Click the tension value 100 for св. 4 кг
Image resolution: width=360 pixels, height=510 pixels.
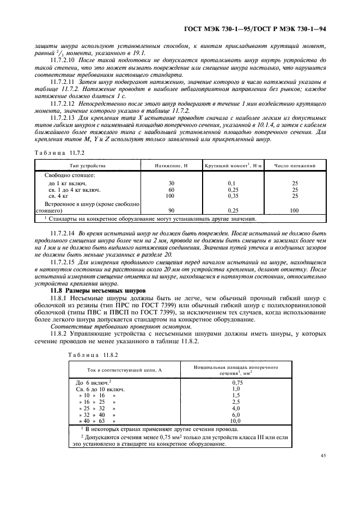[x=171, y=195]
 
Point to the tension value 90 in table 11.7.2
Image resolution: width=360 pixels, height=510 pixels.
[x=171, y=209]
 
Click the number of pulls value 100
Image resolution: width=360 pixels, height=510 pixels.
[x=295, y=209]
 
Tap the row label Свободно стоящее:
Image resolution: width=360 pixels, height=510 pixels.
[x=69, y=175]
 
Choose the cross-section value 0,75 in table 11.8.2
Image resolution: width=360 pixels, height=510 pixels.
[x=236, y=382]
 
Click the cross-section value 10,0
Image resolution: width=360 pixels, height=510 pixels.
[x=236, y=421]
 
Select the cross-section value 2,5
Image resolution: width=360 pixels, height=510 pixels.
[x=236, y=402]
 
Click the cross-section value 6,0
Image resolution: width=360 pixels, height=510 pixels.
[x=236, y=415]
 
